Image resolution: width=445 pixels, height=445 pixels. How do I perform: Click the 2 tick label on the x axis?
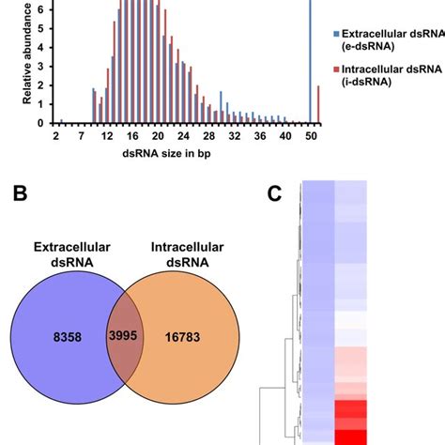coord(56,135)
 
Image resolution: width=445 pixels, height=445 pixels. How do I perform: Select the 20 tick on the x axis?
coord(158,135)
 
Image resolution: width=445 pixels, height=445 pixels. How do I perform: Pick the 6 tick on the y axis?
coord(38,8)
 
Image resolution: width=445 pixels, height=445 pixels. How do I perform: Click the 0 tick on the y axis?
coord(38,122)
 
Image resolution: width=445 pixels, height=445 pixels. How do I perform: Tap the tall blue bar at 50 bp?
coord(311,56)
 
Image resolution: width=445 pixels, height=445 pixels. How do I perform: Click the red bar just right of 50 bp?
coord(318,104)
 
